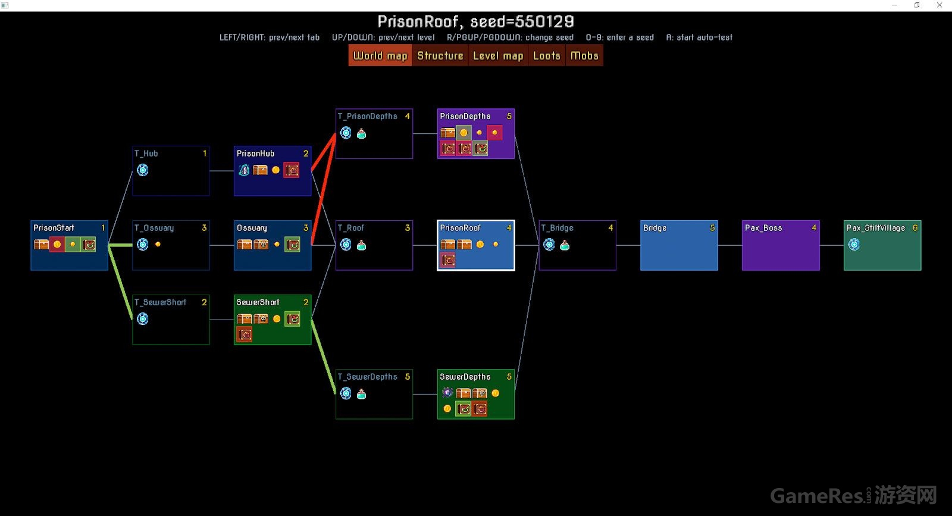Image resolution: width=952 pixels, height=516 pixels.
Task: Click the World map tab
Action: pos(380,56)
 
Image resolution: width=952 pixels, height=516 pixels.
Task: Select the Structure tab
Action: pos(440,56)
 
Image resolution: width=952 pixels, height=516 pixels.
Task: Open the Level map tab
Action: pos(498,56)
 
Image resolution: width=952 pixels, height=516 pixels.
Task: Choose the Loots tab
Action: pos(546,56)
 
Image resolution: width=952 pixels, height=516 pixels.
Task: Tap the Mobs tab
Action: pos(584,56)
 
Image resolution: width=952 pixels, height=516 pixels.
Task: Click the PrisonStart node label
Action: pos(54,228)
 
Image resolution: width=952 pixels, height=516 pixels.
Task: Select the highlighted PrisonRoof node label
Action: pos(460,228)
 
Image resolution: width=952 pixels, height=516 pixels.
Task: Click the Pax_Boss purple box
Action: pos(780,250)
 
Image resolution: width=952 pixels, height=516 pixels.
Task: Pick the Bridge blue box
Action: pos(679,250)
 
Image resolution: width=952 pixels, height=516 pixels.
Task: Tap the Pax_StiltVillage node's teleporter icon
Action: pos(854,245)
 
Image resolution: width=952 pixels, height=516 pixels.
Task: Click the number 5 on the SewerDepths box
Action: pos(509,377)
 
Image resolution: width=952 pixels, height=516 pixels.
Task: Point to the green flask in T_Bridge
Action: pos(565,245)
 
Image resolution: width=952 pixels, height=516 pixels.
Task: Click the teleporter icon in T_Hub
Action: pos(143,170)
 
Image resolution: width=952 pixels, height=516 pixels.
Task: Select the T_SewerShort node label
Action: pos(160,302)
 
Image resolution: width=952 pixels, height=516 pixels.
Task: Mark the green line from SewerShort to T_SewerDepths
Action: pos(323,356)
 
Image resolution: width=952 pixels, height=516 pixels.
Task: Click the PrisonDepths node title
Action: pos(465,117)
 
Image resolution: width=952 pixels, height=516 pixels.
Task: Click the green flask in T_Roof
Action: pos(361,245)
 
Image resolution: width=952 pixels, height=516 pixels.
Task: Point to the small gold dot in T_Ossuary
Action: pos(158,244)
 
